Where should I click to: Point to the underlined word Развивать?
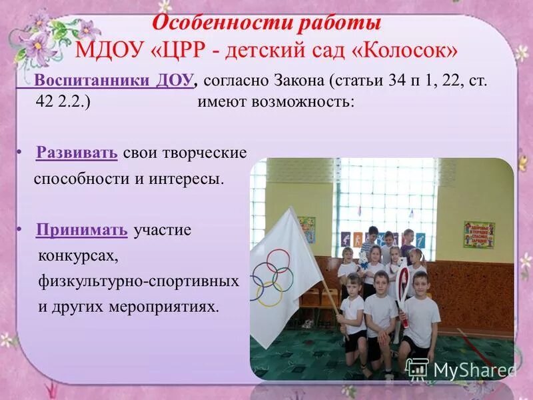pyautogui.click(x=77, y=153)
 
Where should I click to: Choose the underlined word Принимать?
pyautogui.click(x=82, y=230)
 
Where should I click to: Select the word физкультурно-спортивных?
pyautogui.click(x=138, y=281)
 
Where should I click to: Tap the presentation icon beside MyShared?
pyautogui.click(x=417, y=369)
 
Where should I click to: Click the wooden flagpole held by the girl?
pyautogui.click(x=330, y=300)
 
